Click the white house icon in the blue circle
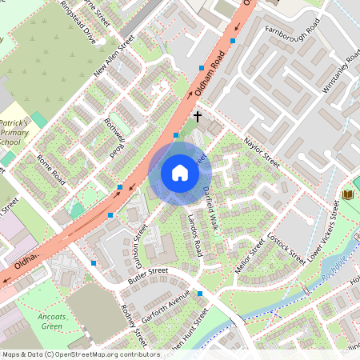[x=180, y=173]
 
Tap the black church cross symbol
[x=198, y=117]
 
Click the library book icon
[x=347, y=194]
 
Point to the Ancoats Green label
[x=52, y=321]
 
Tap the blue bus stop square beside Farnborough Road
[x=233, y=40]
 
